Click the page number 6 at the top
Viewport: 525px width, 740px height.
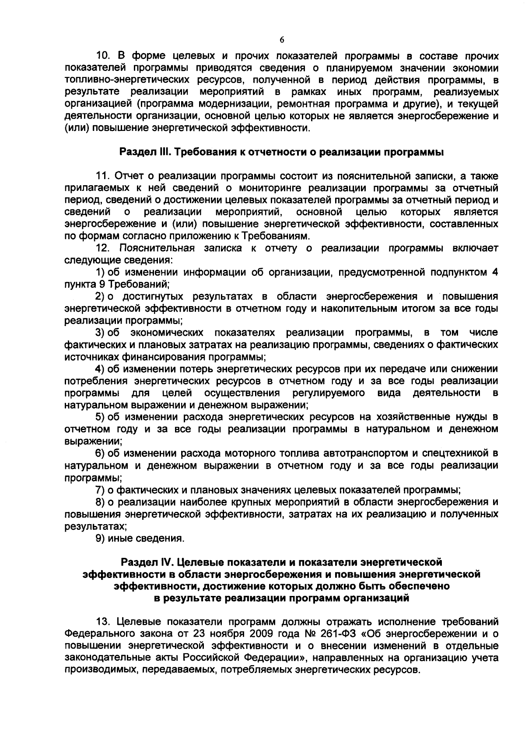(x=281, y=40)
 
